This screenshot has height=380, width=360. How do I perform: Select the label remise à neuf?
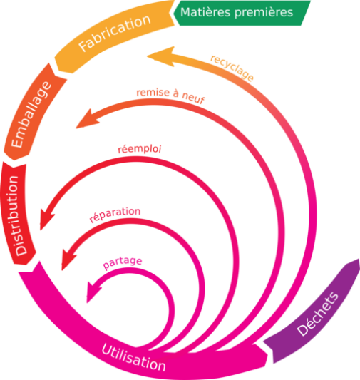(170, 96)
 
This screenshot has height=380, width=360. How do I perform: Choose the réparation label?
(115, 215)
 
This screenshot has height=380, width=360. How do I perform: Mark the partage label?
(122, 263)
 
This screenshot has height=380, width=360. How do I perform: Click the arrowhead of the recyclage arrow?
(153, 55)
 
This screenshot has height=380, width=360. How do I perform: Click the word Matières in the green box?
(202, 13)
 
